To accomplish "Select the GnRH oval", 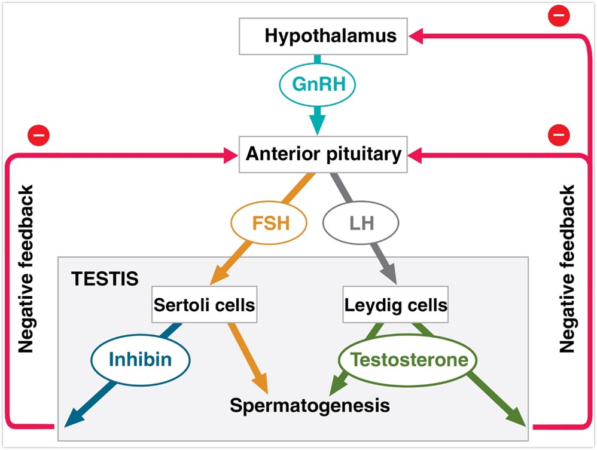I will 318,84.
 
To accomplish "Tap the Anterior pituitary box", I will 323,155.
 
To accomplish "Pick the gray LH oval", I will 360,224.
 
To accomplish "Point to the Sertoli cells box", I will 204,305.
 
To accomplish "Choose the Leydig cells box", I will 395,305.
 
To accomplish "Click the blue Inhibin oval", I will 140,359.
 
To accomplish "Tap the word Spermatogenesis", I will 310,406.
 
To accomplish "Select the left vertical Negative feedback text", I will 26,269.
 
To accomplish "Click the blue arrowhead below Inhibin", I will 74,418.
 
